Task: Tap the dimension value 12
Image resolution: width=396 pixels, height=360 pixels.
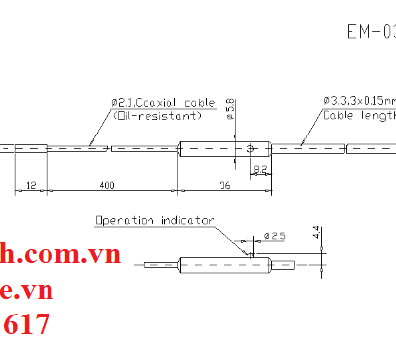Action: tap(31, 185)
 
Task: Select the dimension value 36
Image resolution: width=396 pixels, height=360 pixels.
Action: tap(224, 185)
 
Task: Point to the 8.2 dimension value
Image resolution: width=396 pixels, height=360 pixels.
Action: tap(260, 170)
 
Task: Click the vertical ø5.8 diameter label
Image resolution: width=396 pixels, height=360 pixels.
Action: tap(230, 107)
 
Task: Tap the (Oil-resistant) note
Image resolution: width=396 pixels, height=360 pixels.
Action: tap(157, 115)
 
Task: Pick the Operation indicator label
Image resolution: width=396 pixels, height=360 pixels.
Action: tap(153, 220)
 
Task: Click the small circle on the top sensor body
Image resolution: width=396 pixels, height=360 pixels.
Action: tap(251, 149)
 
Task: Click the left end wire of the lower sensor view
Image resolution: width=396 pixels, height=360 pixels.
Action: tap(160, 264)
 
